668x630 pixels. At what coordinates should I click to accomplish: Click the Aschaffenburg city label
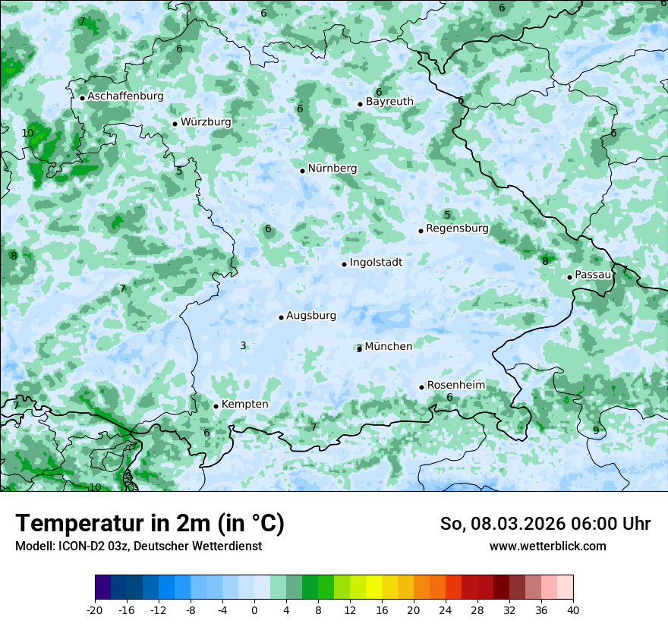pos(125,96)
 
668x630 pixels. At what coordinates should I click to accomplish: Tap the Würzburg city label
pos(206,122)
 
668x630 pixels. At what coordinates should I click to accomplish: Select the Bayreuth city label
pos(389,102)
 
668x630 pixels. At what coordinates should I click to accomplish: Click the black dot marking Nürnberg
pos(302,171)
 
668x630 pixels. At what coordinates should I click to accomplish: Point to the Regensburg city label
pos(457,228)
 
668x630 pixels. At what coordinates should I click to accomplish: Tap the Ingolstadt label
pos(376,263)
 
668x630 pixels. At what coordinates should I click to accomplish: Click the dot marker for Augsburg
pos(281,317)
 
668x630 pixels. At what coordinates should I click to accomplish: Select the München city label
pos(389,347)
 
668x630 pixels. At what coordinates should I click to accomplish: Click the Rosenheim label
pos(455,386)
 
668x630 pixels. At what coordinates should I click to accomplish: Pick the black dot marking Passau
pos(569,277)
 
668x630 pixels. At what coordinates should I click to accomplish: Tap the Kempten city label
pos(244,405)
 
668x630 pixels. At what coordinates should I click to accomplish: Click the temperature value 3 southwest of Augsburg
pos(243,346)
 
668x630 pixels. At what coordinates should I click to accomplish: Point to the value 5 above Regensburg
pos(447,216)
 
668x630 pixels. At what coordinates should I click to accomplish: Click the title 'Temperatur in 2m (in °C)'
pos(150,524)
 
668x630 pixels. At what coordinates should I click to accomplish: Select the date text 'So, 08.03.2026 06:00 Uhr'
pos(545,524)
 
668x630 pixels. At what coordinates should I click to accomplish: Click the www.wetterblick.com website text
pos(547,546)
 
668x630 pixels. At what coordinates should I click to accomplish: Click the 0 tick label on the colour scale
pos(254,610)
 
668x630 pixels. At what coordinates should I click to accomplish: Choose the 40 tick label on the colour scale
pos(572,610)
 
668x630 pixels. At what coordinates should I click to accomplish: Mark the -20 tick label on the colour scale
pos(95,610)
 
